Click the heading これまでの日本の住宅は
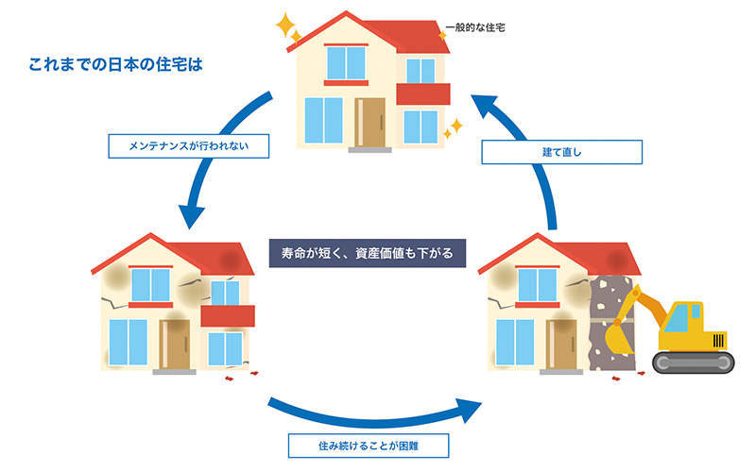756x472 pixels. click(117, 68)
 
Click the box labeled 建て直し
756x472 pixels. click(561, 152)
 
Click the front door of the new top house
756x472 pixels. click(370, 122)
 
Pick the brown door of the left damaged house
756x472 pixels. click(175, 343)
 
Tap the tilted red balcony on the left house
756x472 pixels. click(228, 315)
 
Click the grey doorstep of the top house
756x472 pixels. click(369, 149)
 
